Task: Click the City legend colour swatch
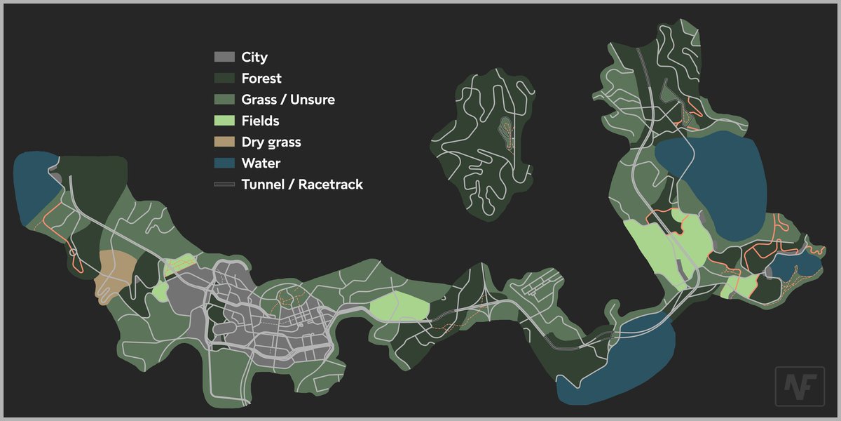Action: click(224, 57)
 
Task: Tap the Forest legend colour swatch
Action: click(224, 78)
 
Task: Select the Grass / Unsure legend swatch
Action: click(224, 100)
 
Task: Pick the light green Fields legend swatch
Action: click(224, 121)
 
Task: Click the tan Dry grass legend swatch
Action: click(224, 142)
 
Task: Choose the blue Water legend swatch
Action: click(224, 163)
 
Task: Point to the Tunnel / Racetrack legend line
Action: click(224, 185)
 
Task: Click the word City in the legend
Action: click(254, 57)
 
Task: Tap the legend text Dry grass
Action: click(271, 142)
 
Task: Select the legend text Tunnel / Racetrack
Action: click(302, 185)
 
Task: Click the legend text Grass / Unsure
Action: click(288, 100)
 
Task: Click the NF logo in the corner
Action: click(800, 387)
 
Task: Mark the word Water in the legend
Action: click(261, 163)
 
